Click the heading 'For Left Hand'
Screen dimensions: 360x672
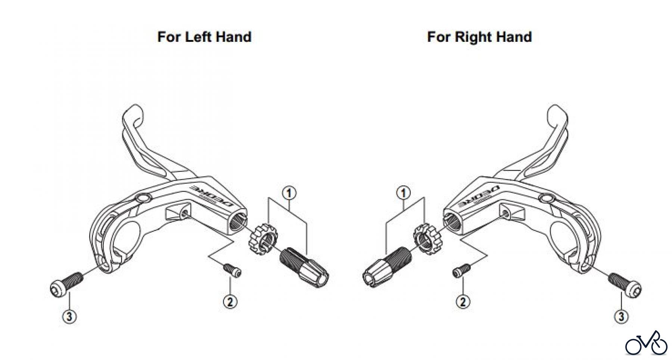click(204, 37)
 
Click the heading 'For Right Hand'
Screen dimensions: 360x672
click(479, 37)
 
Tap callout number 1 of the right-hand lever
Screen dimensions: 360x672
click(403, 193)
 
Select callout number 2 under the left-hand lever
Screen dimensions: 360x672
click(230, 301)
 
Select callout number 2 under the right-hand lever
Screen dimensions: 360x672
click(463, 301)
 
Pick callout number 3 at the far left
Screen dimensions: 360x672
click(69, 317)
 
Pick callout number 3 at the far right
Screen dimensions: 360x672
click(621, 317)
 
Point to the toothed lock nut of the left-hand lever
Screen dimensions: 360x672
click(261, 239)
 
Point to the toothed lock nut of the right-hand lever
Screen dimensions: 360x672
click(427, 239)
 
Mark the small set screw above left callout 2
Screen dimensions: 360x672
click(232, 270)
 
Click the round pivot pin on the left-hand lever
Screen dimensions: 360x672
click(143, 198)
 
